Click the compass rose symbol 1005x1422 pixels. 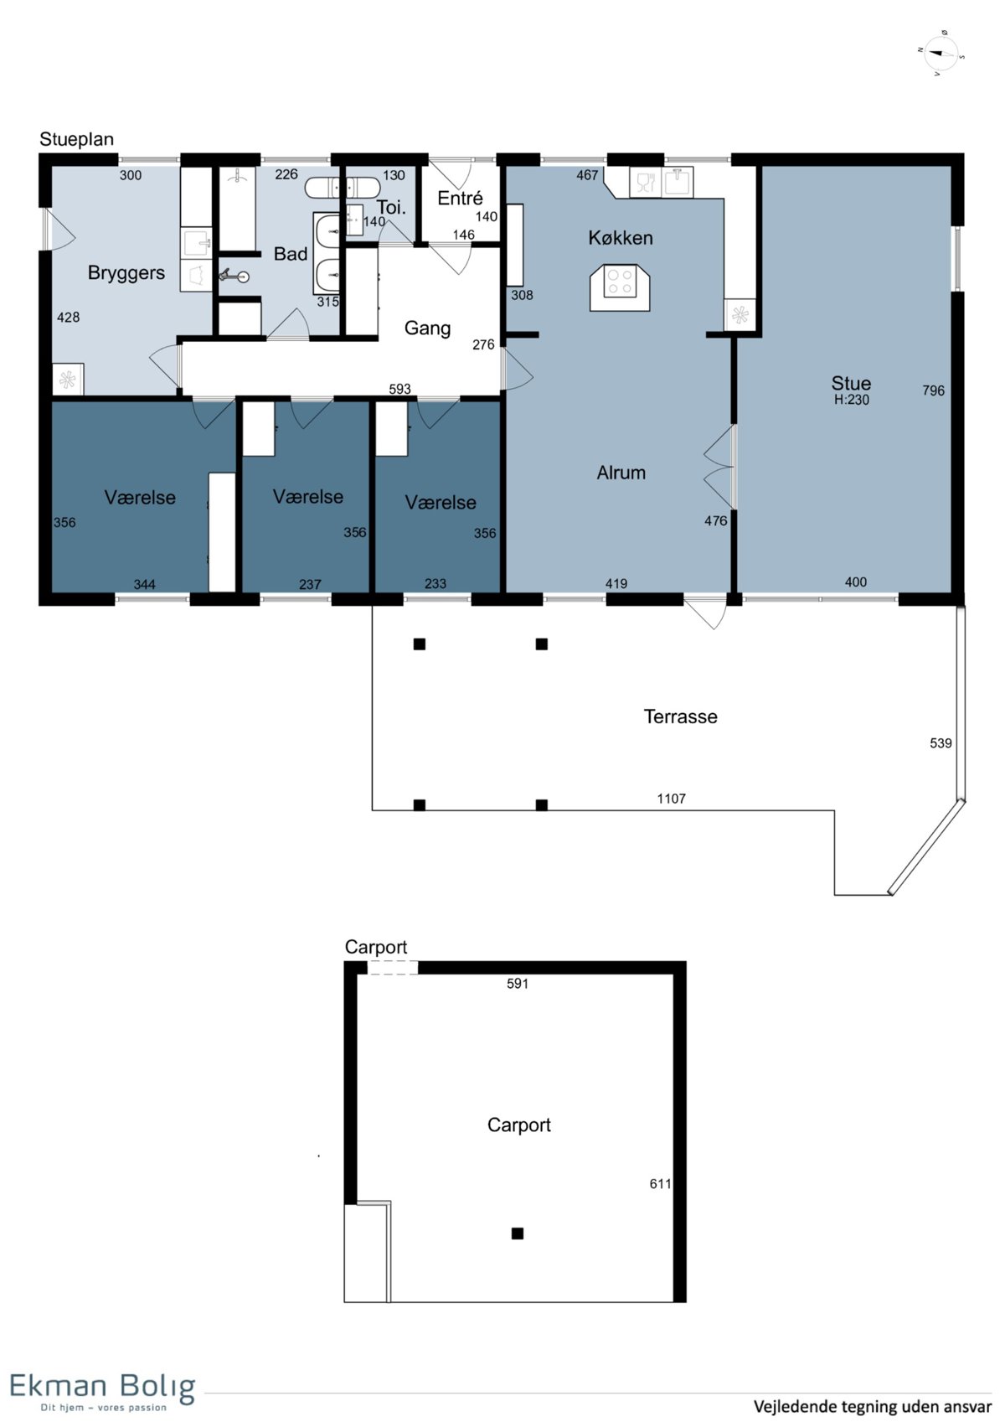pyautogui.click(x=941, y=54)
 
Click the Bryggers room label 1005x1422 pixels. pyautogui.click(x=126, y=273)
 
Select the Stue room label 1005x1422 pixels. pyautogui.click(x=851, y=383)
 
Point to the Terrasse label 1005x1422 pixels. pyautogui.click(x=680, y=716)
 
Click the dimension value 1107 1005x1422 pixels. pyautogui.click(x=672, y=799)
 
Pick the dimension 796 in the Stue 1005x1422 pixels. pyautogui.click(x=933, y=390)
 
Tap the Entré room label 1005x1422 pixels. pyautogui.click(x=460, y=198)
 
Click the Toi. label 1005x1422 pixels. pyautogui.click(x=391, y=207)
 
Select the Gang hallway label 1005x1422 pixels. pyautogui.click(x=427, y=328)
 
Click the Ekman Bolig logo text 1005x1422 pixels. pyautogui.click(x=102, y=1387)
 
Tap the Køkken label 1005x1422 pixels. pyautogui.click(x=620, y=238)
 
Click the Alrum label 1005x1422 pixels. pyautogui.click(x=621, y=473)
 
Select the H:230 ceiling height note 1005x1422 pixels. pyautogui.click(x=852, y=400)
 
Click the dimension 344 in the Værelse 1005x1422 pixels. pyautogui.click(x=144, y=584)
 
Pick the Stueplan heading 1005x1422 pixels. pyautogui.click(x=76, y=140)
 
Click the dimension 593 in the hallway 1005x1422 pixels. pyautogui.click(x=399, y=389)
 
